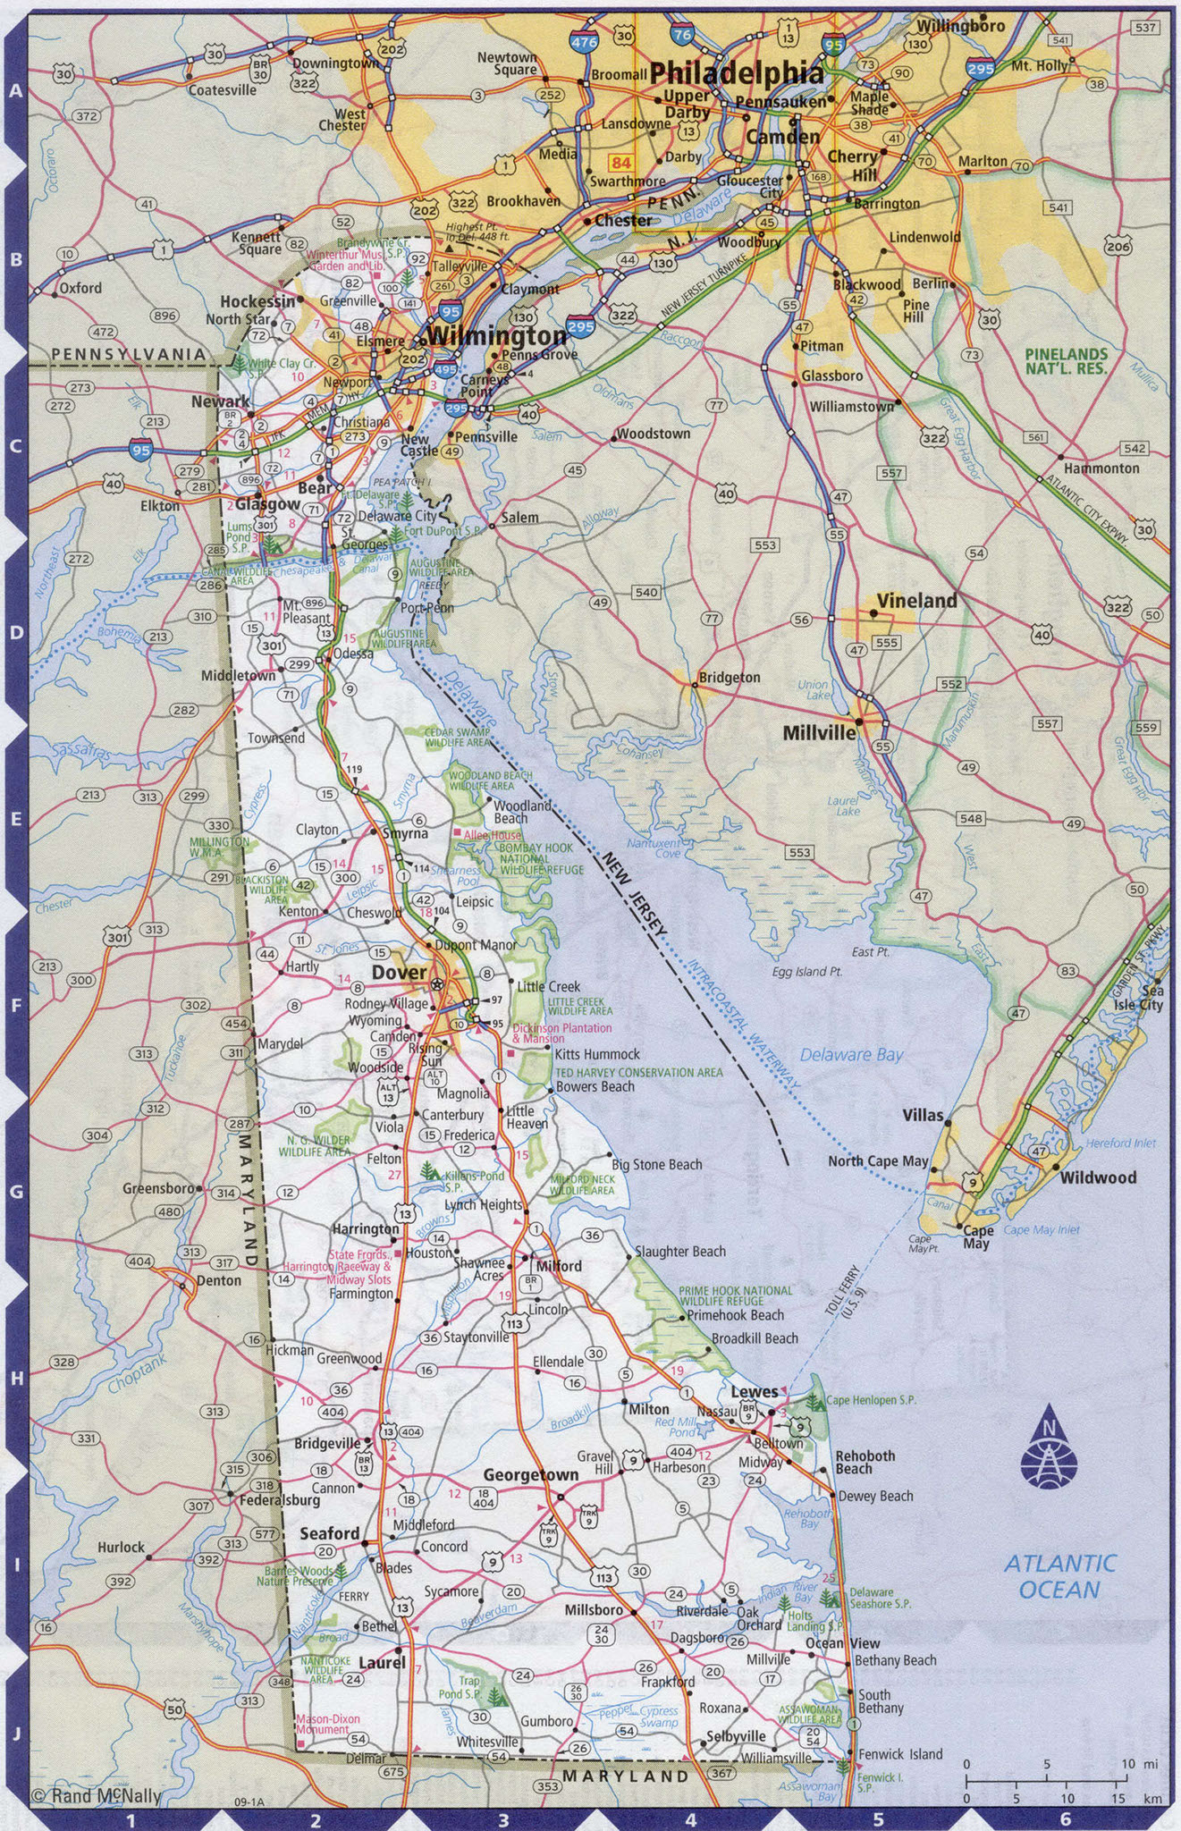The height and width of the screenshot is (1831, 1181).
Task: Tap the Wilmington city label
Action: point(496,337)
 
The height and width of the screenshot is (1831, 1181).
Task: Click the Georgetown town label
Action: point(531,1474)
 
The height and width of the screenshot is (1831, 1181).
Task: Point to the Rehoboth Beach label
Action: point(865,1462)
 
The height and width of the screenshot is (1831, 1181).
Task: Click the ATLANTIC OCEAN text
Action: point(1059,1576)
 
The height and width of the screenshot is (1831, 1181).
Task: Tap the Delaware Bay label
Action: point(850,1055)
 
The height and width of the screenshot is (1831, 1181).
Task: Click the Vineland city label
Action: point(916,601)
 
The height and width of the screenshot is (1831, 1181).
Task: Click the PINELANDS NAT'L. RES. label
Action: point(1066,361)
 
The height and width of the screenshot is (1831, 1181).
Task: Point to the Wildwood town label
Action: point(1098,1177)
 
